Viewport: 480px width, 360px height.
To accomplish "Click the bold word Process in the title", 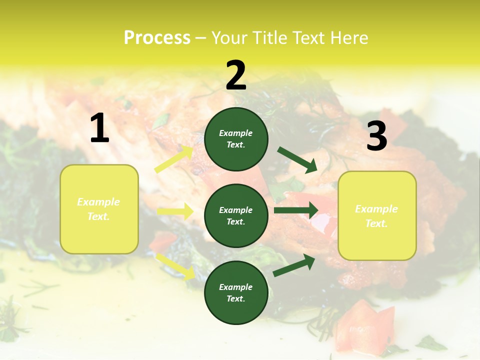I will [x=157, y=38].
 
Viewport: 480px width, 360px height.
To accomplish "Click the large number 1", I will [x=99, y=128].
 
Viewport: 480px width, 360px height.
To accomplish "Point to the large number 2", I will [x=236, y=75].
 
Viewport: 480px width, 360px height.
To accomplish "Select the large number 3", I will [x=376, y=136].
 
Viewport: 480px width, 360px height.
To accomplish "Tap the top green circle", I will [x=236, y=139].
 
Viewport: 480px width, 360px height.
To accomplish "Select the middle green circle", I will [x=236, y=216].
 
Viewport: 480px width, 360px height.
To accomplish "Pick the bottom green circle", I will [x=236, y=293].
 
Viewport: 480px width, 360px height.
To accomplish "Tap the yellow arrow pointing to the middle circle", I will [x=175, y=211].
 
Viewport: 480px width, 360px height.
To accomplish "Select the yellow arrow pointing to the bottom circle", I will [x=175, y=265].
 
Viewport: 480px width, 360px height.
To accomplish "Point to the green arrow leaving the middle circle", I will [x=296, y=210].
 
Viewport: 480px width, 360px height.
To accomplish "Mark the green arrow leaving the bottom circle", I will [x=294, y=265].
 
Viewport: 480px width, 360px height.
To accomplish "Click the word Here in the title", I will [x=348, y=38].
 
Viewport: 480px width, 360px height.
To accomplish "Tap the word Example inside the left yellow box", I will [x=98, y=202].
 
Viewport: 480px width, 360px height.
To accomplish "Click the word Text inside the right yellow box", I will [x=376, y=223].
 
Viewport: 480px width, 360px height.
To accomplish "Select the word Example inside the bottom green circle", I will [x=236, y=287].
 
